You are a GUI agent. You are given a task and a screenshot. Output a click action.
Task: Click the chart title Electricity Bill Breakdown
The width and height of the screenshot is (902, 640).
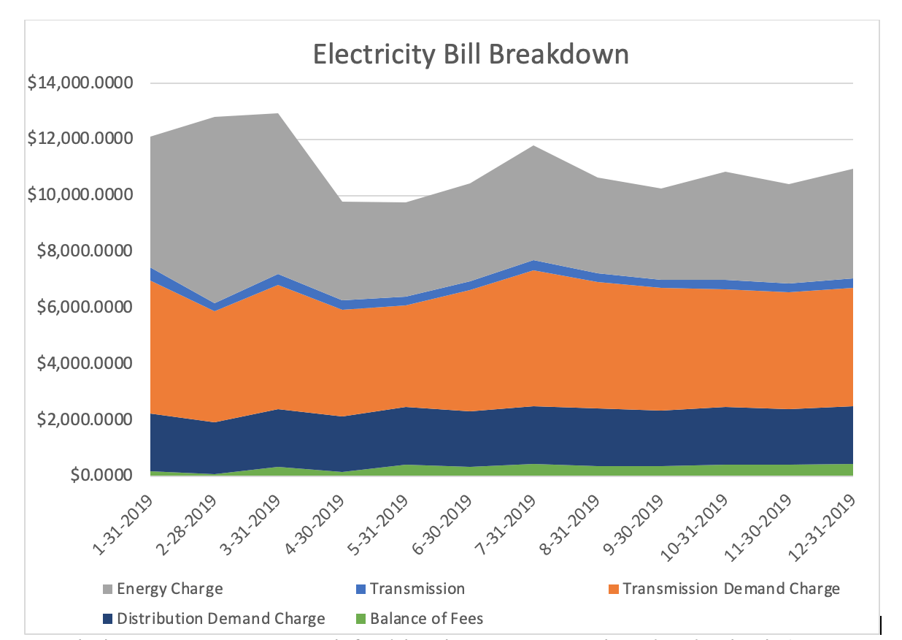point(471,55)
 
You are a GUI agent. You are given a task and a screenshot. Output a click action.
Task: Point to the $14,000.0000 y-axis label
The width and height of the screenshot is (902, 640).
point(81,83)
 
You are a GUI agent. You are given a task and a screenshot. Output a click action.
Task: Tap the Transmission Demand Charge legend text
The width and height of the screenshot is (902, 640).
point(731,588)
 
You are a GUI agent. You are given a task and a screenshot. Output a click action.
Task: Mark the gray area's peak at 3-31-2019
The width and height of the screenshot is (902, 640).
point(280,114)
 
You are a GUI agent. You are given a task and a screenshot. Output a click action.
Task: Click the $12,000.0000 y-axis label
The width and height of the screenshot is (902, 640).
point(81,140)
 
